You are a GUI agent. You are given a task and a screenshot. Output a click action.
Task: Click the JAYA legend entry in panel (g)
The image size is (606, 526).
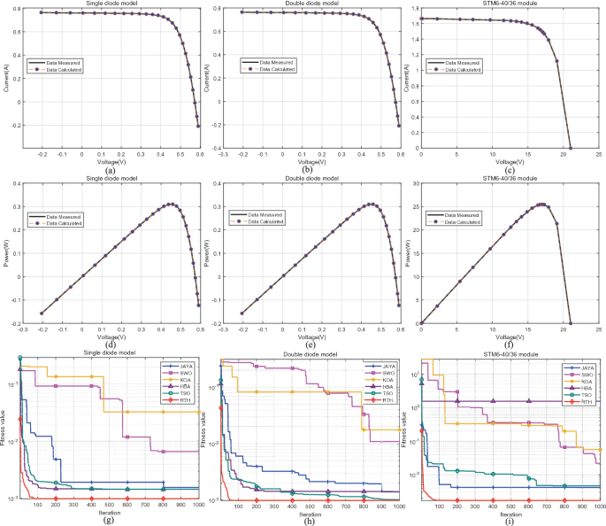click(x=180, y=365)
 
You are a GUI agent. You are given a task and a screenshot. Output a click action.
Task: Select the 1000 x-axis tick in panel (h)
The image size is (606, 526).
click(x=398, y=506)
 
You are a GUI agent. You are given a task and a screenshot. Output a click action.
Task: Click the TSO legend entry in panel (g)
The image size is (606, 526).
click(x=180, y=393)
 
